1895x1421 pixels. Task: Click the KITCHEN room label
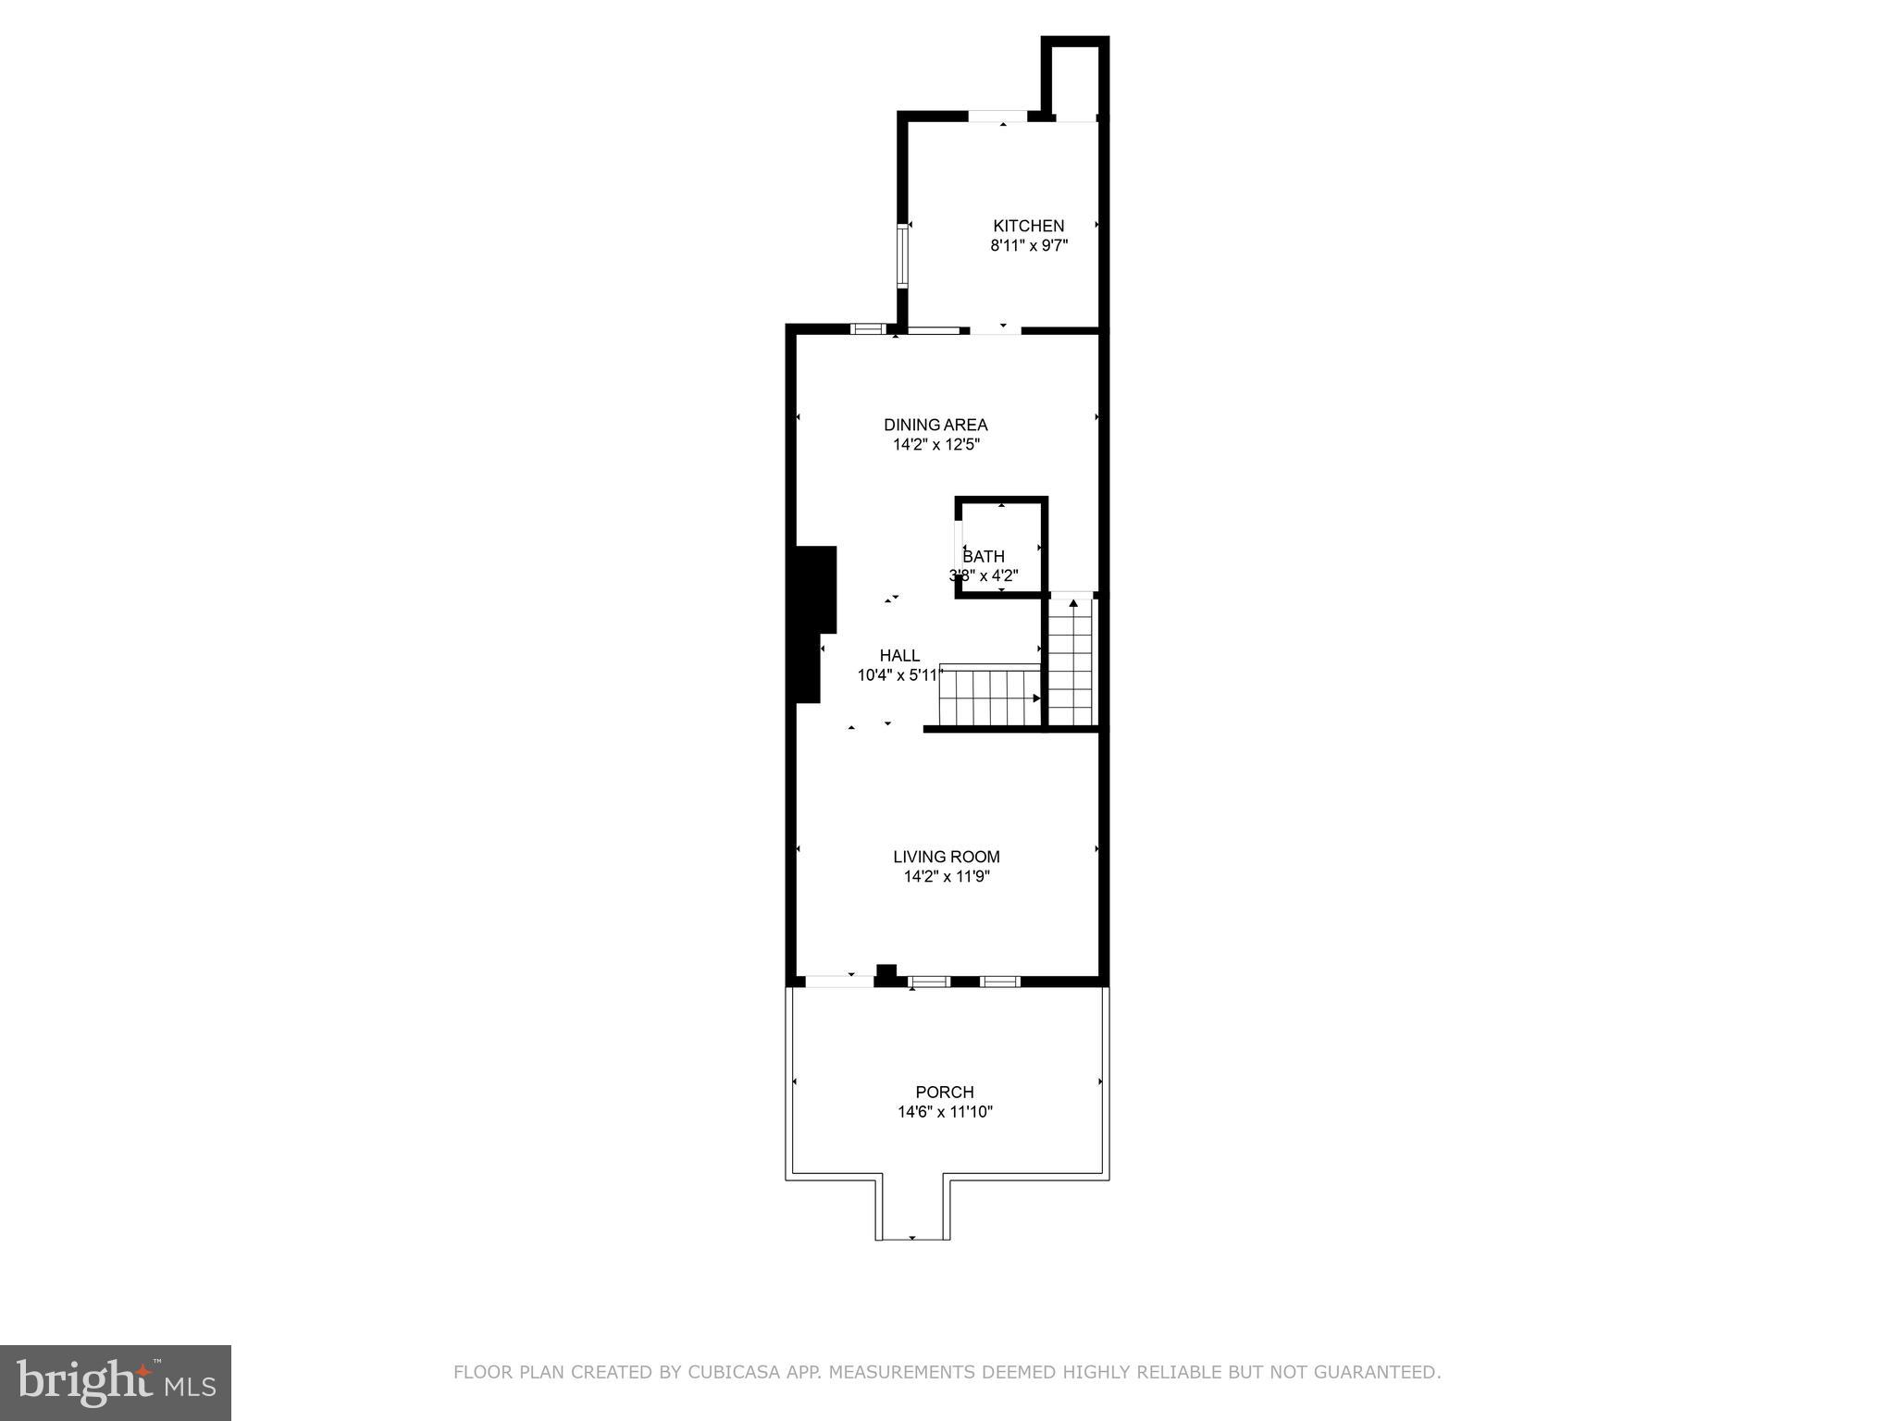pos(1028,226)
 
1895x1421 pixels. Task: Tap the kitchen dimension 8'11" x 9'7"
pos(1029,246)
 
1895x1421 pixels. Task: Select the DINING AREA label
pos(935,425)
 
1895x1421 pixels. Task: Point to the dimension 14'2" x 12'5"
pos(935,445)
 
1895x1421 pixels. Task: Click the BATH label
pos(984,557)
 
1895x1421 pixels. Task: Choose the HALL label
pos(899,656)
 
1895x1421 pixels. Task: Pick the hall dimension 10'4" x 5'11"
pos(898,675)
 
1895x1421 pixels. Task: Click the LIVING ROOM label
pos(947,857)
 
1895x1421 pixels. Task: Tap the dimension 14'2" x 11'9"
pos(947,877)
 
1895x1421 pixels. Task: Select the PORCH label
pos(945,1093)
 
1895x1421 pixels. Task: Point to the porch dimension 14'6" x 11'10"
pos(945,1112)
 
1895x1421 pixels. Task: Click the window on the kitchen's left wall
pos(902,254)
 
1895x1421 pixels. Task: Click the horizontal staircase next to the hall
pos(989,698)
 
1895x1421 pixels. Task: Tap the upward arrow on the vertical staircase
pos(1073,604)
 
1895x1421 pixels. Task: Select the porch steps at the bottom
pos(912,1207)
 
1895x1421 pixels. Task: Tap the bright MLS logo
pos(116,1382)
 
